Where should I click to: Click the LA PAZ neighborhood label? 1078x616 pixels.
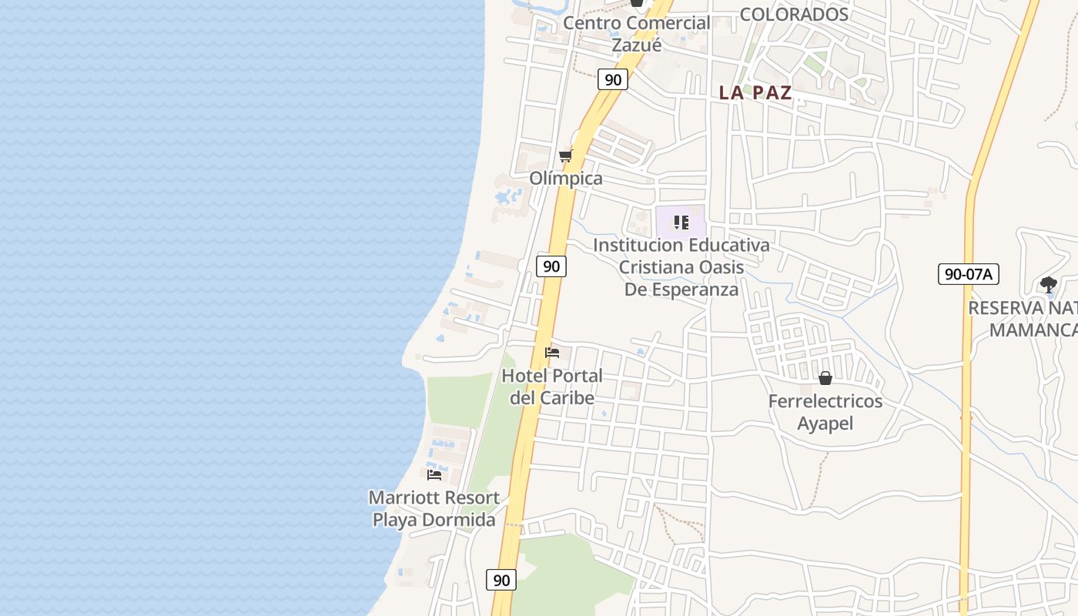click(755, 93)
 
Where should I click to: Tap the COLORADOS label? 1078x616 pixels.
click(794, 15)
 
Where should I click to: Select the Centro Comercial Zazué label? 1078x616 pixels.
click(636, 34)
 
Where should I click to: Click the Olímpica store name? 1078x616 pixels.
click(566, 179)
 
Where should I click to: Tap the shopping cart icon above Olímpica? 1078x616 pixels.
click(566, 156)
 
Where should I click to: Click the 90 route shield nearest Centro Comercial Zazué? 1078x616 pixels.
click(613, 79)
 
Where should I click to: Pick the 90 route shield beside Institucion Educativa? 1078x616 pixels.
click(551, 266)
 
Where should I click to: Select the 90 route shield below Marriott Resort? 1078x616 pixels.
click(501, 580)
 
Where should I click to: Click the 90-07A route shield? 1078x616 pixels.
click(968, 273)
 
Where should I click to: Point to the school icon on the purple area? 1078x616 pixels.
click(681, 223)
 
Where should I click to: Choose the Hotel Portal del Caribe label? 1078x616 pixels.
click(552, 387)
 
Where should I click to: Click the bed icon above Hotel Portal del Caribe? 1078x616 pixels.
click(552, 353)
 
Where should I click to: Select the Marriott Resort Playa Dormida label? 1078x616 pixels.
click(434, 509)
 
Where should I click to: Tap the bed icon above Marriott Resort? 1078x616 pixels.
click(434, 474)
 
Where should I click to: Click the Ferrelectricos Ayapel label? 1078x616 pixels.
click(825, 413)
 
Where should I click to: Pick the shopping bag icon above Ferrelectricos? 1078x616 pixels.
click(825, 378)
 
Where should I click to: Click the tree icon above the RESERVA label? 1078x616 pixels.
click(1048, 285)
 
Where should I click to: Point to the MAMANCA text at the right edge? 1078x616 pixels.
click(1033, 330)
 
